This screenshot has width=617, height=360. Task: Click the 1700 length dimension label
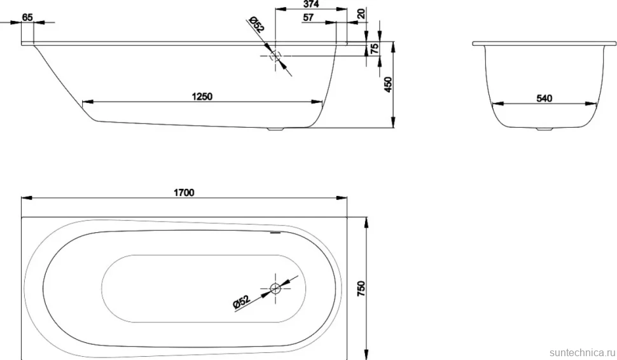tap(184, 192)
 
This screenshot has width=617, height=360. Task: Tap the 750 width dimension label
tap(362, 288)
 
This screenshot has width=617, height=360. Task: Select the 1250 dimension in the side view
tap(202, 97)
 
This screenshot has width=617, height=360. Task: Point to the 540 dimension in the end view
tap(544, 98)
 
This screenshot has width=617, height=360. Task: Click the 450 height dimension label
tap(388, 85)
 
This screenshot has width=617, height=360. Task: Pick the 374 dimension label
tap(311, 4)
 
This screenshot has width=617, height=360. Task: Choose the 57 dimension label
tap(308, 17)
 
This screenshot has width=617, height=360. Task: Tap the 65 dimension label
tap(27, 17)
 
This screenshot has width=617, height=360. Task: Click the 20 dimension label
tap(361, 13)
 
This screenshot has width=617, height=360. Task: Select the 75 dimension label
tap(375, 48)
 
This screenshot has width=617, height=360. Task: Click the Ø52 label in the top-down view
tap(241, 301)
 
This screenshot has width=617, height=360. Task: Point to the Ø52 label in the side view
tap(256, 24)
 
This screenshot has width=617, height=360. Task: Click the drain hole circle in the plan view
tap(275, 288)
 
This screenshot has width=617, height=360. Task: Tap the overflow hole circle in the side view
tap(275, 56)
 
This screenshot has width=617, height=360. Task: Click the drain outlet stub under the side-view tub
tap(275, 128)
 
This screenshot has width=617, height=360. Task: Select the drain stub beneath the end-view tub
tap(544, 128)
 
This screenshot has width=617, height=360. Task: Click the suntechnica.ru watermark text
tap(582, 352)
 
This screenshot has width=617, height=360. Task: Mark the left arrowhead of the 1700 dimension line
tap(26, 198)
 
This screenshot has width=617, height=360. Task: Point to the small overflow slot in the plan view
tap(276, 233)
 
